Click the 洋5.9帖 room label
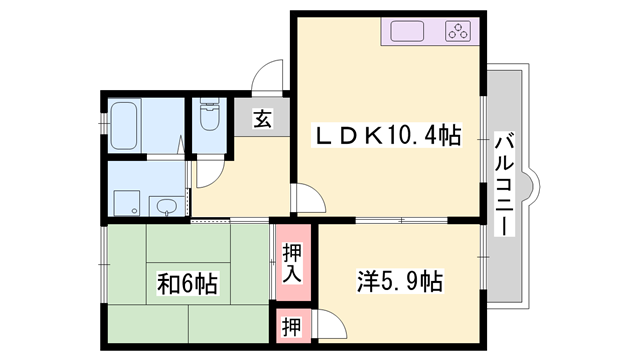pyautogui.click(x=399, y=281)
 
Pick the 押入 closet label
pyautogui.click(x=292, y=263)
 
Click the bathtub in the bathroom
pyautogui.click(x=127, y=124)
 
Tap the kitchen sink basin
pyautogui.click(x=411, y=31)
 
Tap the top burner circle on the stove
pyautogui.click(x=461, y=25)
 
